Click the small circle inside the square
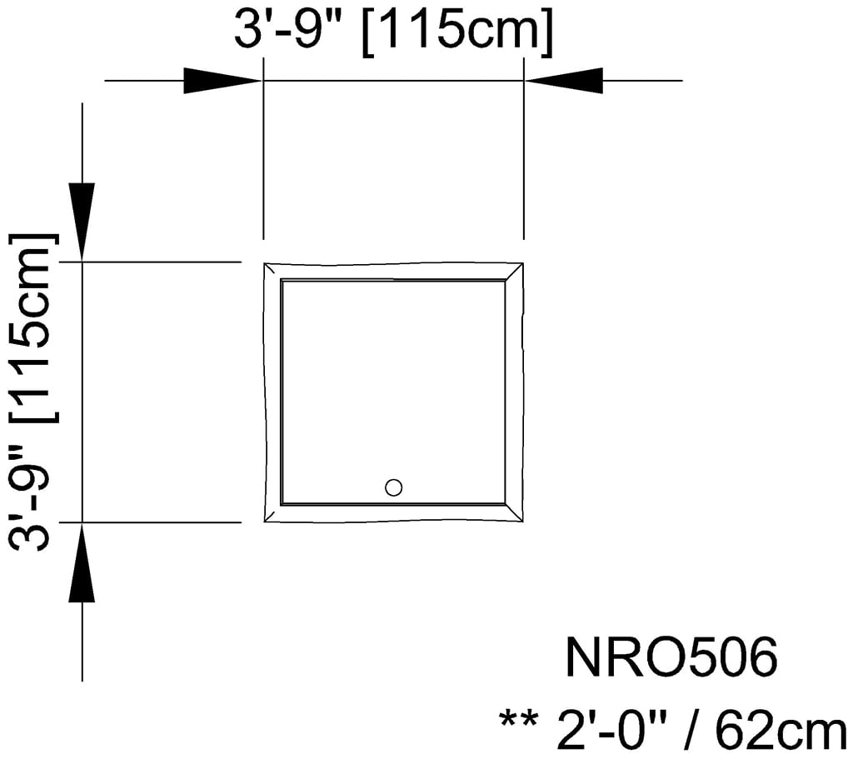point(394,487)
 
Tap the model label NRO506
point(671,658)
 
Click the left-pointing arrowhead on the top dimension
point(563,81)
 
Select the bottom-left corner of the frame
point(272,514)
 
